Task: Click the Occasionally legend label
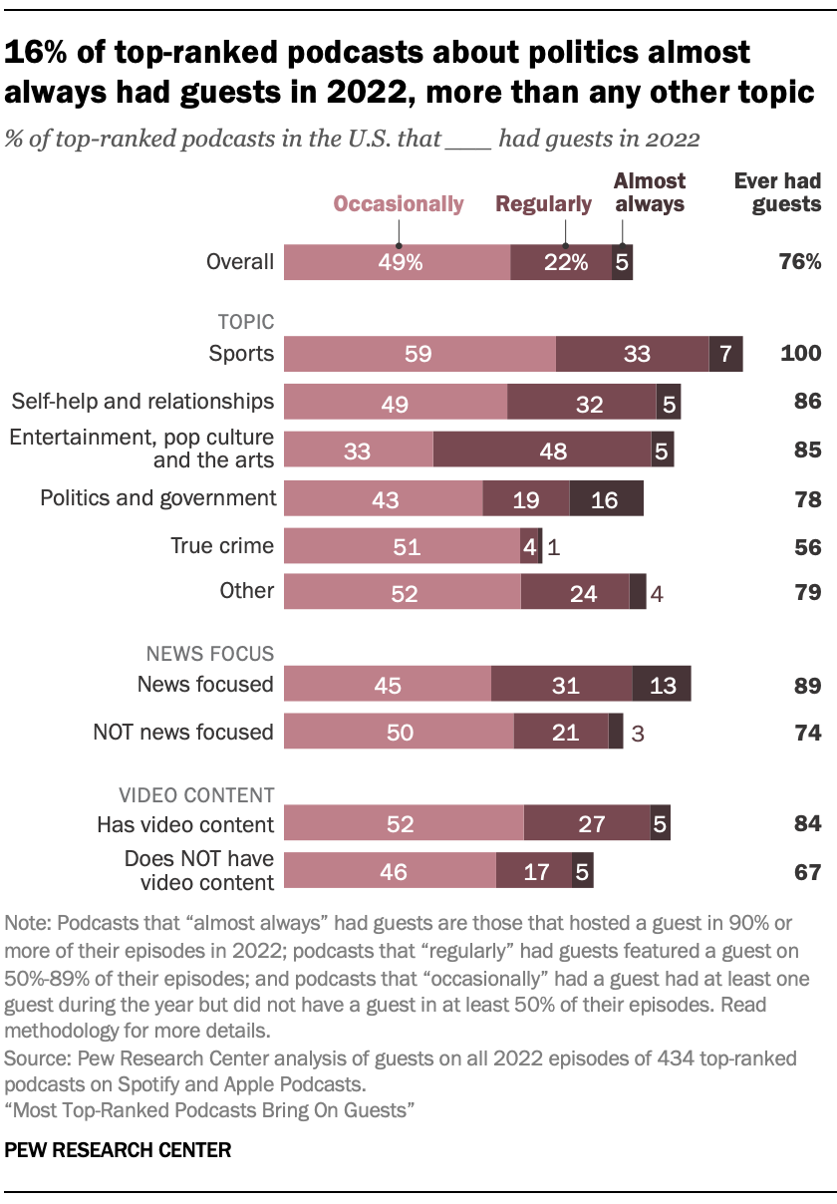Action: pos(399,204)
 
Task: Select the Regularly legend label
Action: pos(544,204)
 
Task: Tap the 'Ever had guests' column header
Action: pos(777,192)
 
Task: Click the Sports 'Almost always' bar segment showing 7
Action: pos(725,355)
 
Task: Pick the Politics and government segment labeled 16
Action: pos(606,499)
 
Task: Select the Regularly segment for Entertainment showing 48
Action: pos(542,451)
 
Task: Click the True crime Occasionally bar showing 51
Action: pos(402,547)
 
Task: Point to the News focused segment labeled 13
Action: pos(662,685)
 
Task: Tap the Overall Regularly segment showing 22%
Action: pos(561,263)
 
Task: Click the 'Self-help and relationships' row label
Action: pos(142,402)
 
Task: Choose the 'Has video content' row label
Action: pos(185,824)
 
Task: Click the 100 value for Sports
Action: pos(800,355)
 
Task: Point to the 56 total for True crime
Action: pos(808,547)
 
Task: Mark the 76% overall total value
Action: pos(800,263)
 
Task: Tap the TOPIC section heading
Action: pos(246,322)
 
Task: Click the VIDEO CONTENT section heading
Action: pos(196,794)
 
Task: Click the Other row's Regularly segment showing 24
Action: pos(575,594)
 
